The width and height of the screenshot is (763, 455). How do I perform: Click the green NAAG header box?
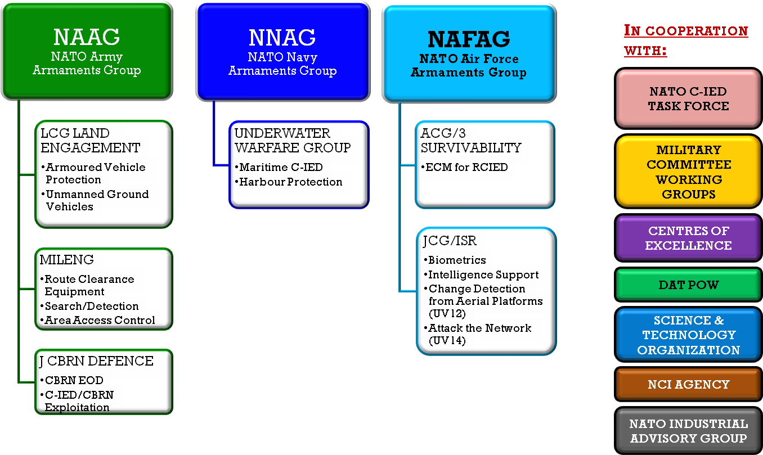[x=87, y=51]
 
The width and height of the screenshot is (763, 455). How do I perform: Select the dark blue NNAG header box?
[x=282, y=52]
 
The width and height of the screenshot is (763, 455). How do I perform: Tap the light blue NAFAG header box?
[x=469, y=54]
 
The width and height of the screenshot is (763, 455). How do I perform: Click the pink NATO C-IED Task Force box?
[x=688, y=98]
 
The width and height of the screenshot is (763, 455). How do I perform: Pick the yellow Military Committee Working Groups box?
[x=688, y=172]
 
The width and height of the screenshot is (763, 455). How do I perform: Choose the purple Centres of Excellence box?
[x=688, y=238]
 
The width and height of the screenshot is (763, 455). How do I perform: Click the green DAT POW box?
[x=688, y=285]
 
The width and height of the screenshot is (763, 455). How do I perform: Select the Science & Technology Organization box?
[x=688, y=335]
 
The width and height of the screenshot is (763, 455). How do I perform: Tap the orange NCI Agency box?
[x=688, y=384]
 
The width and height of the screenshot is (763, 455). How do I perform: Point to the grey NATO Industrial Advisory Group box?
[x=688, y=431]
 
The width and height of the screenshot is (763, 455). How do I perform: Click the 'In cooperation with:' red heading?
[x=686, y=40]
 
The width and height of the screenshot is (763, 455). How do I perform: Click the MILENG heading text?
[x=67, y=260]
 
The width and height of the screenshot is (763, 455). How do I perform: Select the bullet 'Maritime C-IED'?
[x=279, y=167]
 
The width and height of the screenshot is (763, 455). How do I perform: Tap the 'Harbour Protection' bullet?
[x=289, y=182]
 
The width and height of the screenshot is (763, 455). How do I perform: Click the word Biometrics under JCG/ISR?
[x=457, y=260]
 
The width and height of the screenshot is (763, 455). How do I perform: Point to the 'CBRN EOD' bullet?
[x=72, y=380]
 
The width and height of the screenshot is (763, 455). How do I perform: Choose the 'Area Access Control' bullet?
[x=98, y=320]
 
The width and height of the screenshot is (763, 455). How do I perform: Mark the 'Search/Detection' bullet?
[x=89, y=306]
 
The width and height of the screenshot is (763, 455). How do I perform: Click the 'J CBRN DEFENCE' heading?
[x=96, y=361]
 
